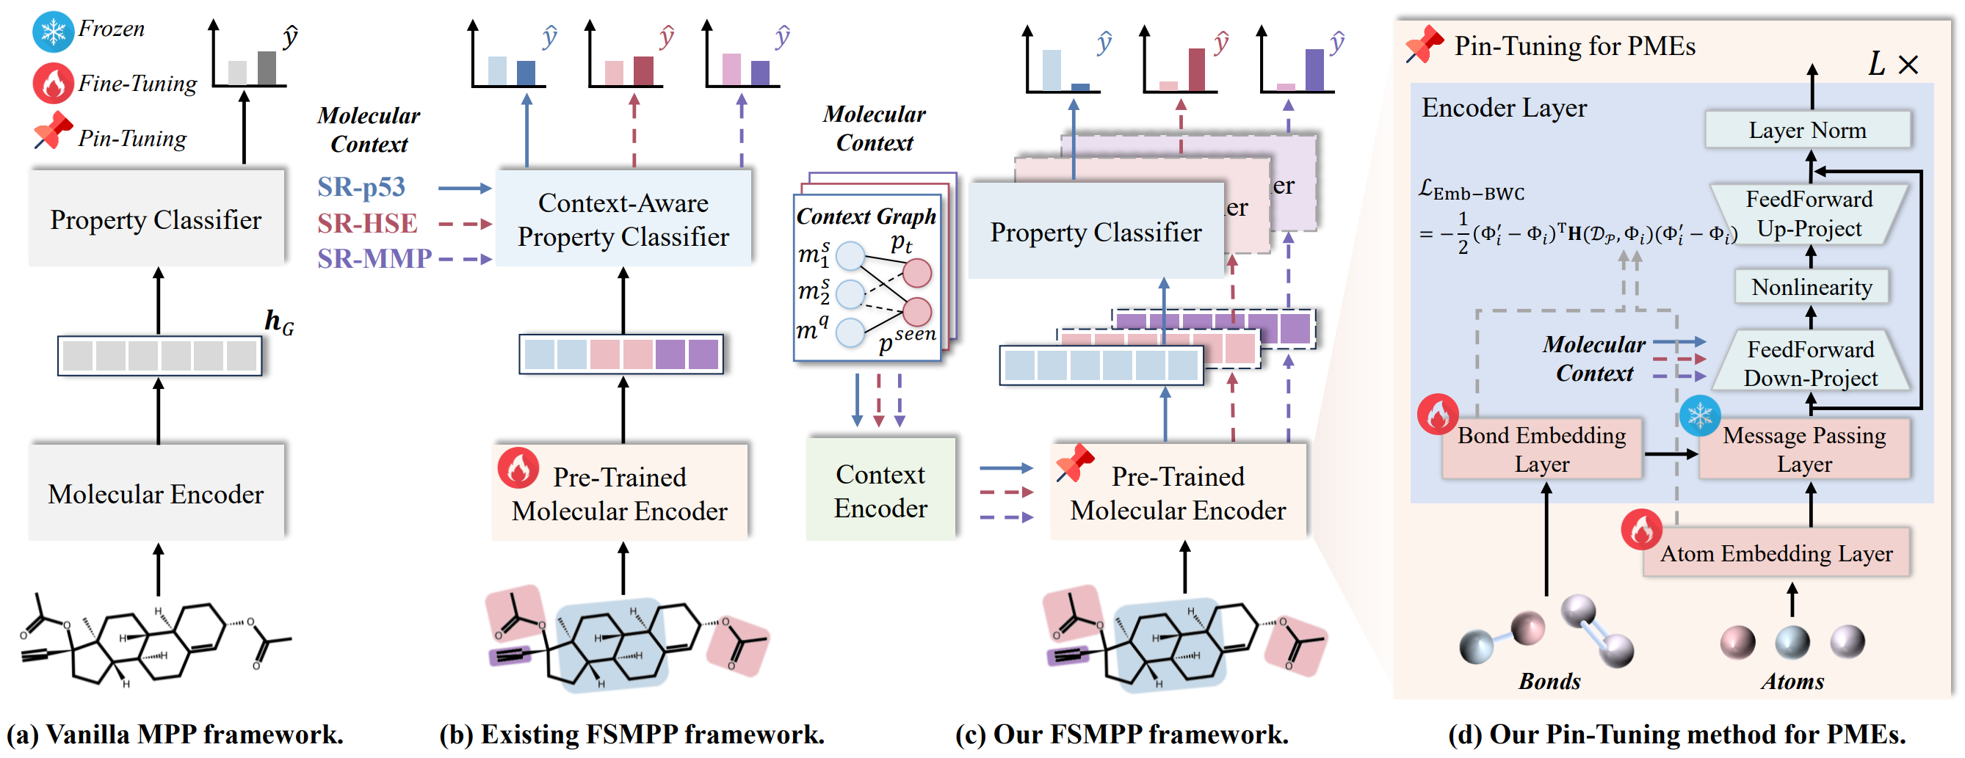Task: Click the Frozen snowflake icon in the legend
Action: pos(53,32)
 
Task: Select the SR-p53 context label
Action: pos(361,187)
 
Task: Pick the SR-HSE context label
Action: pos(367,223)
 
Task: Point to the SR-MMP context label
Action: pos(374,258)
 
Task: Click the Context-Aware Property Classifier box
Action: pos(623,219)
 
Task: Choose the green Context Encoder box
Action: pos(880,490)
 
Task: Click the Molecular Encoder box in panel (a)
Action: pos(156,493)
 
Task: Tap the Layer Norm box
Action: pos(1807,131)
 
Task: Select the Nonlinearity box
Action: pos(1811,287)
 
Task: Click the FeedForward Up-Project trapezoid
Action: pos(1809,214)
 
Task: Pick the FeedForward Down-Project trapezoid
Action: pos(1810,363)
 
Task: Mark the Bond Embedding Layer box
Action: pos(1541,448)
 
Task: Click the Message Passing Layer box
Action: pos(1804,448)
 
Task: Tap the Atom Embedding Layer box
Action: pos(1776,553)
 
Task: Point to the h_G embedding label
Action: pos(278,323)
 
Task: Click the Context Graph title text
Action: pos(866,216)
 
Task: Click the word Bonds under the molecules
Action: pos(1549,681)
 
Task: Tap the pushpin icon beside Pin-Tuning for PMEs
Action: pos(1423,44)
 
